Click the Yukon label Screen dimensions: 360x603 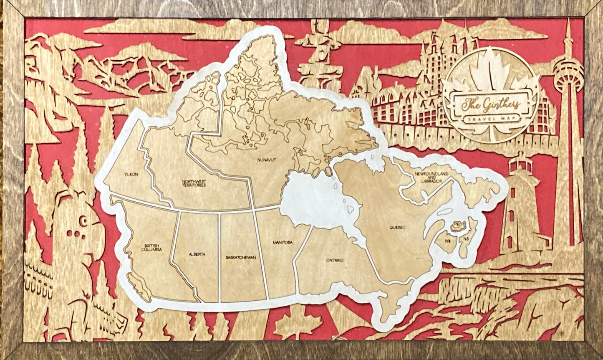pos(130,175)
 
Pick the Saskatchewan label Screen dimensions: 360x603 pos(240,257)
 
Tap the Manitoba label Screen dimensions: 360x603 pos(282,243)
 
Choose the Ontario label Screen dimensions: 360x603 pos(335,260)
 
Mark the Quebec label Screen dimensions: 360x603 pos(398,228)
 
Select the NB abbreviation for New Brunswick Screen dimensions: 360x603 pos(447,241)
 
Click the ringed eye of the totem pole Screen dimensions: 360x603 pos(83,221)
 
